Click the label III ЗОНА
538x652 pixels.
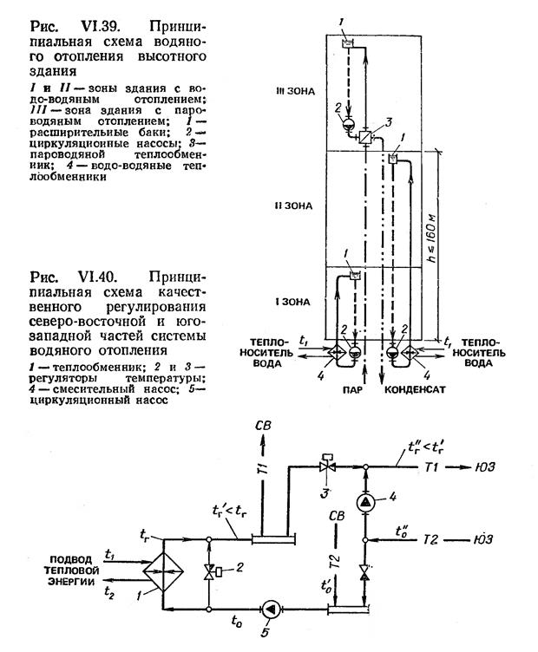[x=295, y=92]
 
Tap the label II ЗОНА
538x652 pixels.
[x=293, y=205]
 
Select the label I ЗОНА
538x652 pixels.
[x=292, y=302]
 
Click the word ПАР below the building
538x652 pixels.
[x=353, y=390]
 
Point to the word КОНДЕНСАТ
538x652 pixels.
[x=415, y=390]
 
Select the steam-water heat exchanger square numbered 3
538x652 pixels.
[x=365, y=137]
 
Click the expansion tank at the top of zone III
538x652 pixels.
[x=346, y=43]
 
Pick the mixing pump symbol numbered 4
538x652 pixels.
[x=365, y=502]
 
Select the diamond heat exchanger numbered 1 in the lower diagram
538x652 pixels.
[x=163, y=571]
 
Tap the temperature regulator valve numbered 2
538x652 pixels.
[x=209, y=570]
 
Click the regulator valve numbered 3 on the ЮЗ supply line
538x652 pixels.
[x=327, y=466]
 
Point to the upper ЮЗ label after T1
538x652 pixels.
[x=485, y=467]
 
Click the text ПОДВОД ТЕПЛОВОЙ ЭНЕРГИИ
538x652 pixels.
[x=74, y=570]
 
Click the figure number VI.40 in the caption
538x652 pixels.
[x=97, y=277]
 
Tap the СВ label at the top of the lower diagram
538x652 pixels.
[x=263, y=426]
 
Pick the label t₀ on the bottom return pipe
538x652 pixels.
[x=237, y=621]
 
